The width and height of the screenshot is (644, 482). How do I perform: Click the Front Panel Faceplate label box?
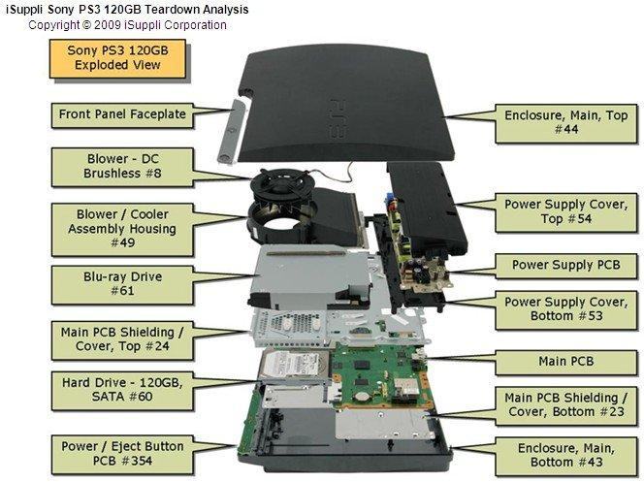coord(120,114)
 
